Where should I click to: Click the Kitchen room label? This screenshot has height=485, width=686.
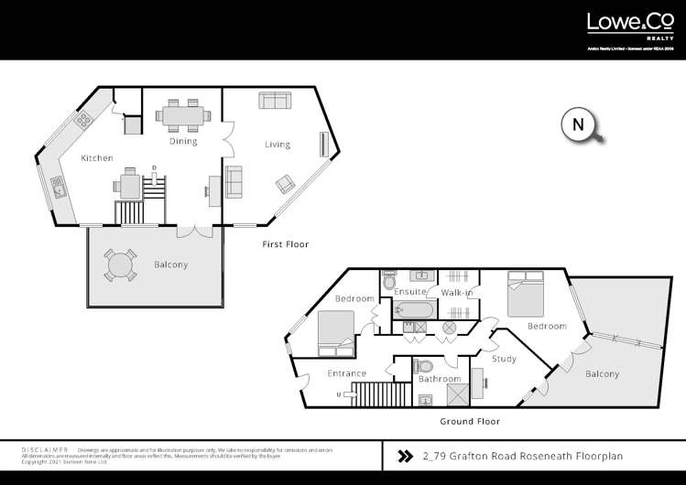tap(97, 158)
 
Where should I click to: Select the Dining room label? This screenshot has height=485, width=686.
tap(183, 142)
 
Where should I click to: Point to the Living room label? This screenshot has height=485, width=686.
tap(278, 145)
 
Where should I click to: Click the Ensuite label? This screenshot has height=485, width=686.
tap(409, 292)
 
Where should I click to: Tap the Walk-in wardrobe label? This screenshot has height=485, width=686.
tap(456, 292)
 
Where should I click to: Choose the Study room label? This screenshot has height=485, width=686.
tap(504, 359)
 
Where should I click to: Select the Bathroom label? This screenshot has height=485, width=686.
tap(439, 378)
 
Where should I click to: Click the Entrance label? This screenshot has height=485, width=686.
tap(347, 373)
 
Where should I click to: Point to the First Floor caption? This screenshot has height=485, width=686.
tap(285, 244)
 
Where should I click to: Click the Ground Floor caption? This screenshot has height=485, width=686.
tap(470, 422)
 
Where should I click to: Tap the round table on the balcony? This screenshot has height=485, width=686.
tap(118, 265)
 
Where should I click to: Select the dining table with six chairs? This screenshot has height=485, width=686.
tap(183, 116)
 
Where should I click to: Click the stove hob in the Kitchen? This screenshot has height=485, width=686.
tap(84, 118)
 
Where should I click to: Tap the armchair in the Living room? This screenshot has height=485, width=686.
tap(285, 186)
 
